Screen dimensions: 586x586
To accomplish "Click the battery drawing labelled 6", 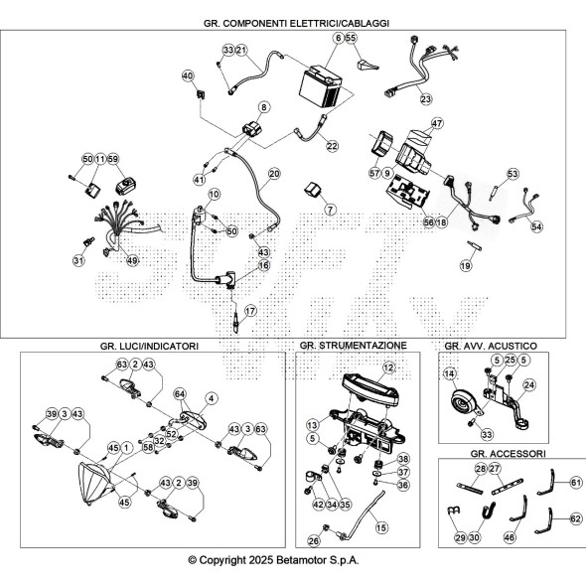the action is [321, 86].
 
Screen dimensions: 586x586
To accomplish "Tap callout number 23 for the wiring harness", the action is [426, 99].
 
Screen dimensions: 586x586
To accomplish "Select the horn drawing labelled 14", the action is [464, 402].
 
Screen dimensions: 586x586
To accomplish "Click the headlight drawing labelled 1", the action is [95, 484].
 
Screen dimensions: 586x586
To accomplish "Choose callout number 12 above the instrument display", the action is [388, 367].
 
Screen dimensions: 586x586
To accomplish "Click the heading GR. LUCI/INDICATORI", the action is [149, 346].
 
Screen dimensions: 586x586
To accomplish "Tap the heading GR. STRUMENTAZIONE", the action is [354, 346].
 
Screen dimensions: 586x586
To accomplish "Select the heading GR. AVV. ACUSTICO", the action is [491, 346].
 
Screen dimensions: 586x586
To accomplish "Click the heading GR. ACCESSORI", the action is [508, 454].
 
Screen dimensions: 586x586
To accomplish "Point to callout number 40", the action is [188, 75].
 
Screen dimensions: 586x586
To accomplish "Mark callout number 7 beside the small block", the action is [330, 210].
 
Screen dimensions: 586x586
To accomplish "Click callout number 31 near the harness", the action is [78, 260].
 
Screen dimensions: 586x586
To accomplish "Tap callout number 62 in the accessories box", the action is [576, 518].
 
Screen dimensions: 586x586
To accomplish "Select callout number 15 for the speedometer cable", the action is [381, 527].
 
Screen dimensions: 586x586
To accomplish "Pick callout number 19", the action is [466, 266].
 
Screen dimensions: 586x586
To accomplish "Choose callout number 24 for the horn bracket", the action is [529, 385].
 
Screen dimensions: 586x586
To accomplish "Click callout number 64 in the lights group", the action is [180, 394].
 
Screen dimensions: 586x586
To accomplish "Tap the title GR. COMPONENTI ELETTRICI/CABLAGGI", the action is [296, 23].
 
